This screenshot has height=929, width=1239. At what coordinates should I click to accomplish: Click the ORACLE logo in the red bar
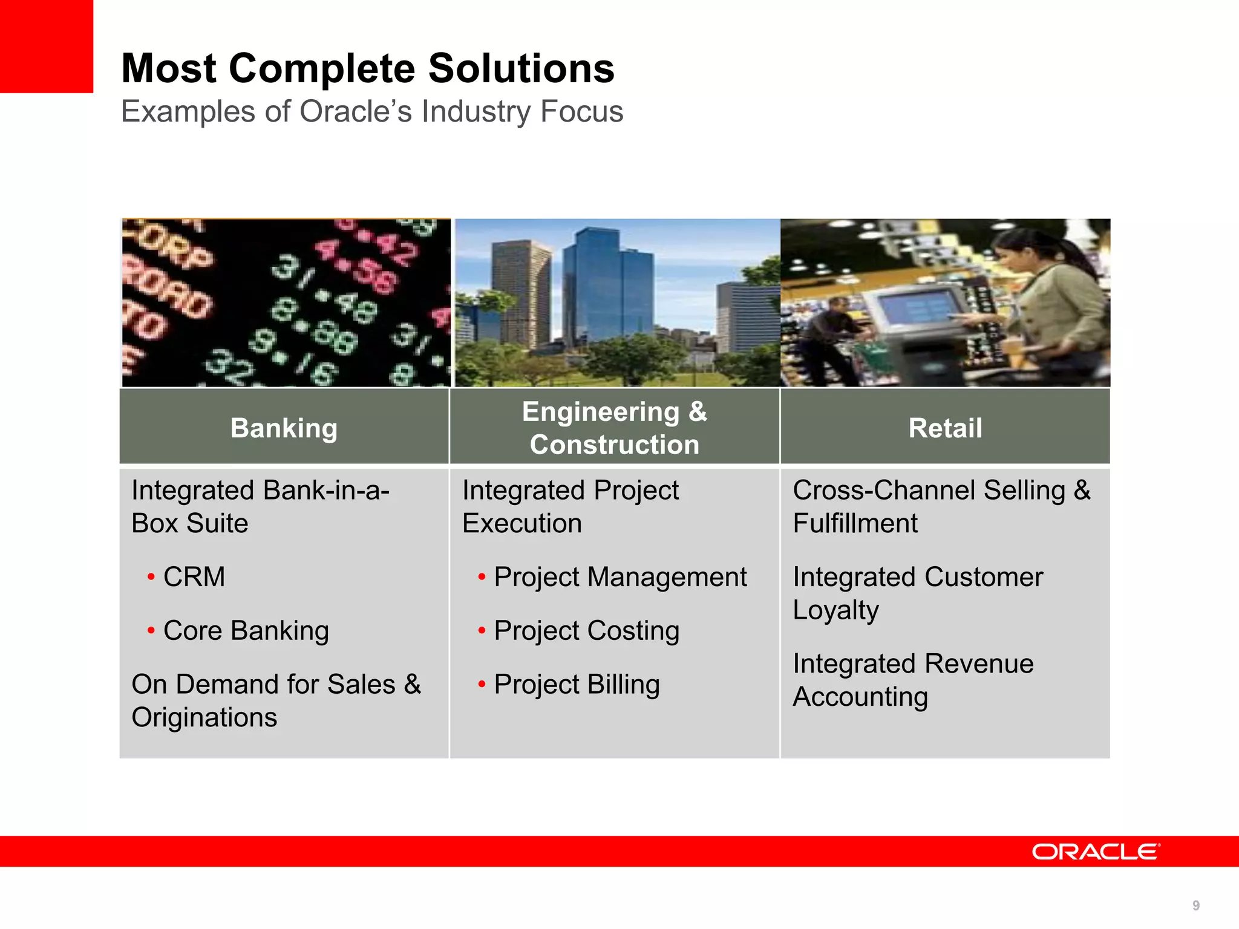pos(1095,852)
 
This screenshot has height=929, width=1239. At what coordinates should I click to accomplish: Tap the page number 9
pos(1195,905)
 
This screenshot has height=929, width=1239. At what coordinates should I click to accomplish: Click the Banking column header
pos(284,428)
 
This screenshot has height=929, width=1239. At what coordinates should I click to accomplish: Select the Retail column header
pos(945,428)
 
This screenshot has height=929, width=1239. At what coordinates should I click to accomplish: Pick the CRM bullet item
pos(194,576)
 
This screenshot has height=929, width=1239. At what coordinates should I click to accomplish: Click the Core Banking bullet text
pos(246,630)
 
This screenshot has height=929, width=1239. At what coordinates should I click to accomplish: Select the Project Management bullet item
pos(619,576)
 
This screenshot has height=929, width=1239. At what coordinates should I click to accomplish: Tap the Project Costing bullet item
pos(586,630)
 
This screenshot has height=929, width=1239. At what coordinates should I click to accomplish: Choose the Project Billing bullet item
pos(576,684)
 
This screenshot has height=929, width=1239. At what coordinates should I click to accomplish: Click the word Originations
pos(204,717)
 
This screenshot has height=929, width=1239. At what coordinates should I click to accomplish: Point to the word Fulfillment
pos(855,523)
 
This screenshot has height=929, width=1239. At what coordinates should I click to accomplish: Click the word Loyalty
pos(835,610)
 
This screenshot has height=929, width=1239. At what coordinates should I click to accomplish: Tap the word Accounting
pos(860,697)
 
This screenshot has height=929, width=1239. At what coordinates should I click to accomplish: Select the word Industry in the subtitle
pos(477,111)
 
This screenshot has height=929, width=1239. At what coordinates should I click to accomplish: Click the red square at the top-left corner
pos(46,46)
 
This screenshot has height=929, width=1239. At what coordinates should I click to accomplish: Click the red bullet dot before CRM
pos(151,577)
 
